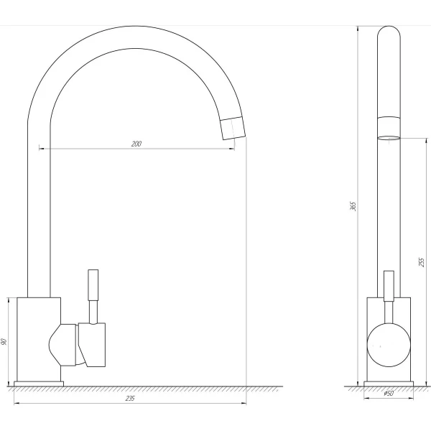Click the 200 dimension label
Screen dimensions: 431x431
coord(136,144)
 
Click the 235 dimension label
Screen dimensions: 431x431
coord(130,398)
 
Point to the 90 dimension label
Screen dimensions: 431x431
coord(4,342)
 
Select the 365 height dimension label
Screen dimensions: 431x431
coord(353,206)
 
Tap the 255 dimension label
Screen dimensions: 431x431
coord(422,262)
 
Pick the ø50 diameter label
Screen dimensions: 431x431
coord(389,394)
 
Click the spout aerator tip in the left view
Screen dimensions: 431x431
coord(233,128)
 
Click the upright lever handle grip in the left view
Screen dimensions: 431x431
coord(93,285)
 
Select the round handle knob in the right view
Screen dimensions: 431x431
coord(389,345)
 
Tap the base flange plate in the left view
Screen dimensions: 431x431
coord(39,384)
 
